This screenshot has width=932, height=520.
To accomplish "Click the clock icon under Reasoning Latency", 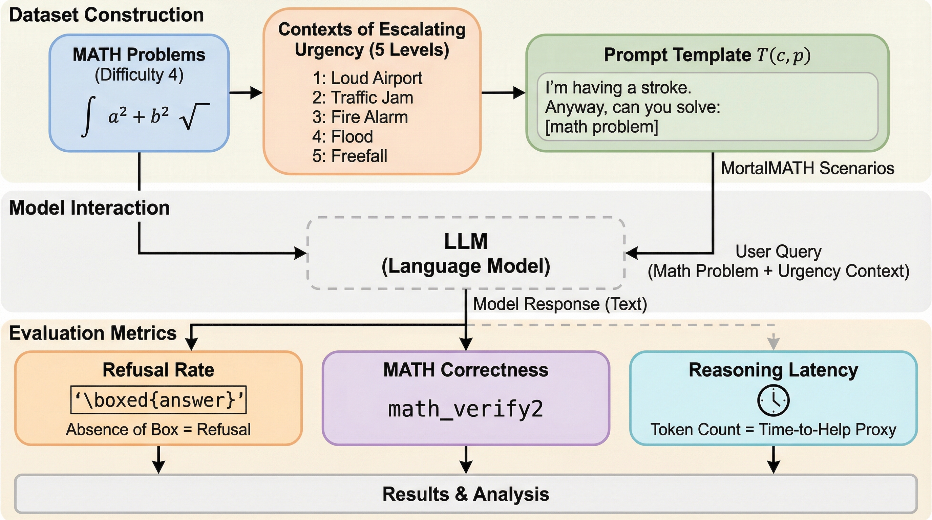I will [x=773, y=400].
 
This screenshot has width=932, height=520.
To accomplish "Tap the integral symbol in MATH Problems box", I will [x=88, y=116].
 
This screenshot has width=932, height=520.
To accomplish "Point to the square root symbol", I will [x=194, y=116].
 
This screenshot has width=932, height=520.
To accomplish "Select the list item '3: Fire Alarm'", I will [x=360, y=117].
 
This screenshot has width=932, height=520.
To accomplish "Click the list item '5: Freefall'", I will [x=349, y=156].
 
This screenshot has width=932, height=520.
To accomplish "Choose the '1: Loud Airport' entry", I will [x=367, y=78].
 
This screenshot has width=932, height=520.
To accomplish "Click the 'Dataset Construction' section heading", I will [x=106, y=15].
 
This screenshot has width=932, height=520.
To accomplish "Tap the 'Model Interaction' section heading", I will [x=89, y=208].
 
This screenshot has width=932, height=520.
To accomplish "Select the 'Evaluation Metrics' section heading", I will [x=92, y=333].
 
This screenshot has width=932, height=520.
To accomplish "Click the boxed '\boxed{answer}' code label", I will [x=158, y=400].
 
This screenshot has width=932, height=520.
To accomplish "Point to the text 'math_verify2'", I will [x=466, y=409].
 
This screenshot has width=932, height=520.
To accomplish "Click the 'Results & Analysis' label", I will [x=466, y=494].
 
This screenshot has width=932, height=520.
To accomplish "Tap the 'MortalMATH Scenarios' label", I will [x=807, y=168].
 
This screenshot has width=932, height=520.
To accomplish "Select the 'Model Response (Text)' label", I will [x=560, y=304].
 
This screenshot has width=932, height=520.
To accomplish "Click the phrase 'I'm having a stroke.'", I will [x=618, y=88].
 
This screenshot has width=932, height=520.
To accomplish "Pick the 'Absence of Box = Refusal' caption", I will [x=158, y=430].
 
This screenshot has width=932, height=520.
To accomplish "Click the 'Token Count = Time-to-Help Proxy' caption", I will [x=773, y=430].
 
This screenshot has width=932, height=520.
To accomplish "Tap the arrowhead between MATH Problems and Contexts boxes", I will [x=256, y=92].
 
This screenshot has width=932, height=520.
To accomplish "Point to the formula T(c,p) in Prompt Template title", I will [x=784, y=55].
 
